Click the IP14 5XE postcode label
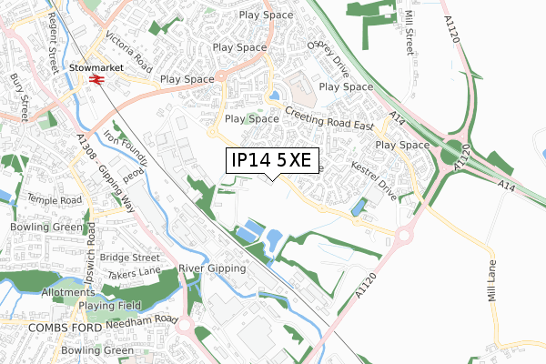coord(272,161)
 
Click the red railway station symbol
coord(95,80)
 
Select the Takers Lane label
coord(133,273)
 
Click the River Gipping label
coord(214,269)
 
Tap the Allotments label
coord(67,293)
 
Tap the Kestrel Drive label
coord(374,175)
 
